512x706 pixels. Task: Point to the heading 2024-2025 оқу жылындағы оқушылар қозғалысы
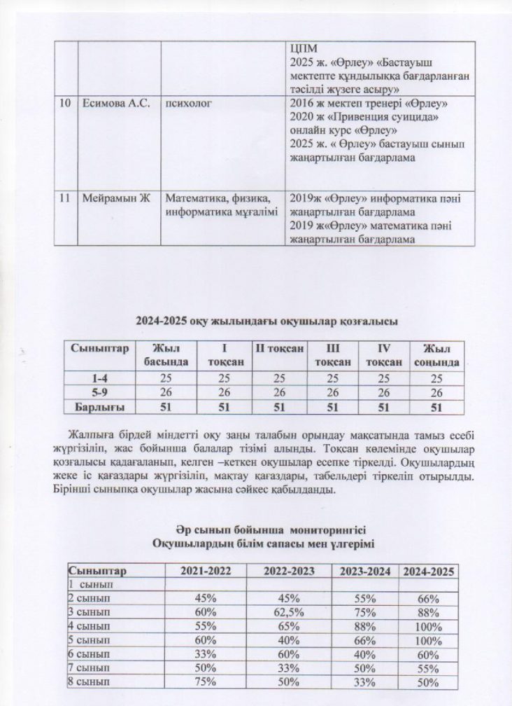click(x=266, y=322)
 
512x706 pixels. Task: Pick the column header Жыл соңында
click(x=436, y=355)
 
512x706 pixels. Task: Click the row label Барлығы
click(x=95, y=406)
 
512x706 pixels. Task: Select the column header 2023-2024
click(x=364, y=572)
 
